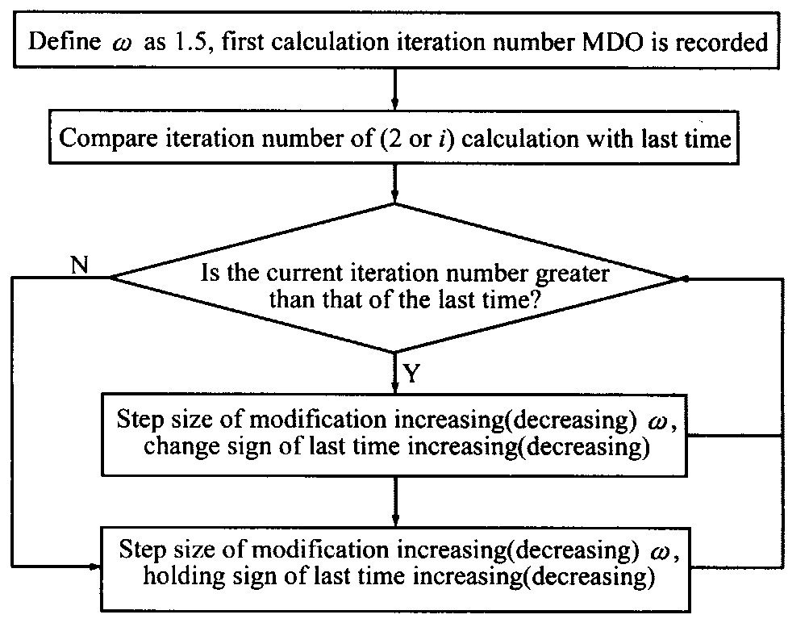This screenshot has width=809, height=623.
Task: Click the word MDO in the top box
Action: point(613,42)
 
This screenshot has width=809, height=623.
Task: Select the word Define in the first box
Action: point(65,41)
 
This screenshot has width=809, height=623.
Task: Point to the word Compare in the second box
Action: point(108,139)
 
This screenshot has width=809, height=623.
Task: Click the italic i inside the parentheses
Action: point(443,139)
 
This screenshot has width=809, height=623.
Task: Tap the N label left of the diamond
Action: point(80,266)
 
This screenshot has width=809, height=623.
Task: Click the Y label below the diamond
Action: point(411,373)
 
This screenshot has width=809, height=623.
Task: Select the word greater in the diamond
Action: point(573,273)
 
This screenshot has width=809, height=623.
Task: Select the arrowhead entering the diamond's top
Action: point(394,197)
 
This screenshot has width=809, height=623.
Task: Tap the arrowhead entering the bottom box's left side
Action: point(94,567)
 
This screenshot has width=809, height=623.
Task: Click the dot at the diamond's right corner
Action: point(686,278)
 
